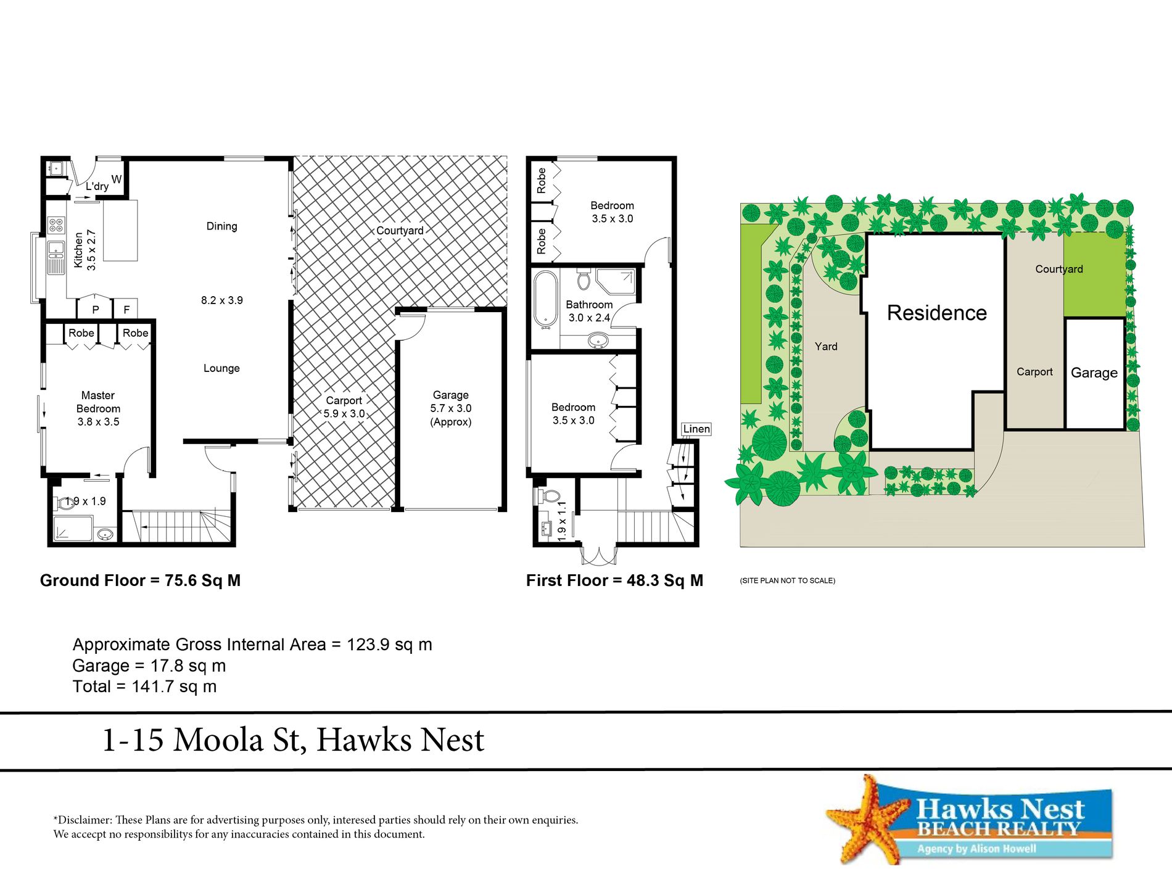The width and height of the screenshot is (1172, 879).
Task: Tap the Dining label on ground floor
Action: click(x=221, y=226)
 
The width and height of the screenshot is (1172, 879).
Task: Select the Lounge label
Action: click(x=221, y=368)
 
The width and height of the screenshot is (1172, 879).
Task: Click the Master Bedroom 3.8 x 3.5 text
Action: click(x=98, y=408)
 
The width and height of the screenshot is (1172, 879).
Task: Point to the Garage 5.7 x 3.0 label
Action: click(x=451, y=408)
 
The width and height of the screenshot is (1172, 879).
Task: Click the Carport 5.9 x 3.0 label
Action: click(x=344, y=407)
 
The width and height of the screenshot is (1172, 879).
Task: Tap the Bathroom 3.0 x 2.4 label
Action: click(x=589, y=311)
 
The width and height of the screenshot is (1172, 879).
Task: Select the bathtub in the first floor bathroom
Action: click(x=545, y=299)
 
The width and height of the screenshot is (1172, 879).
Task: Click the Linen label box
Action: click(x=696, y=429)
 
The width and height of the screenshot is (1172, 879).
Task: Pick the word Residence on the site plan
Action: click(x=936, y=313)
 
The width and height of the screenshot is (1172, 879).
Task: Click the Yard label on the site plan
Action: click(x=826, y=347)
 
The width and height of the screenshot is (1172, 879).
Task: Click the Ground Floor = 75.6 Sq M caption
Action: click(x=140, y=580)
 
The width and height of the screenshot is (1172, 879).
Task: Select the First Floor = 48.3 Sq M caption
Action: click(x=614, y=580)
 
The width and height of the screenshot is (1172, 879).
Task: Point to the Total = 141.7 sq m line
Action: click(x=144, y=687)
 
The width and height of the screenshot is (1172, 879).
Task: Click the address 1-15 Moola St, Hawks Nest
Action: click(x=293, y=740)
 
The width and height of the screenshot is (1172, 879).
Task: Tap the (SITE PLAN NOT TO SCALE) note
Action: click(x=788, y=580)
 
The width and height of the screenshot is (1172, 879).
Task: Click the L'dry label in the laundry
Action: click(x=97, y=186)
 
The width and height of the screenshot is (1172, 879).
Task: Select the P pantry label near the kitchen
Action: click(x=95, y=310)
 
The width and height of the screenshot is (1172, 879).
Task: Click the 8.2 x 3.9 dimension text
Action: click(x=221, y=300)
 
